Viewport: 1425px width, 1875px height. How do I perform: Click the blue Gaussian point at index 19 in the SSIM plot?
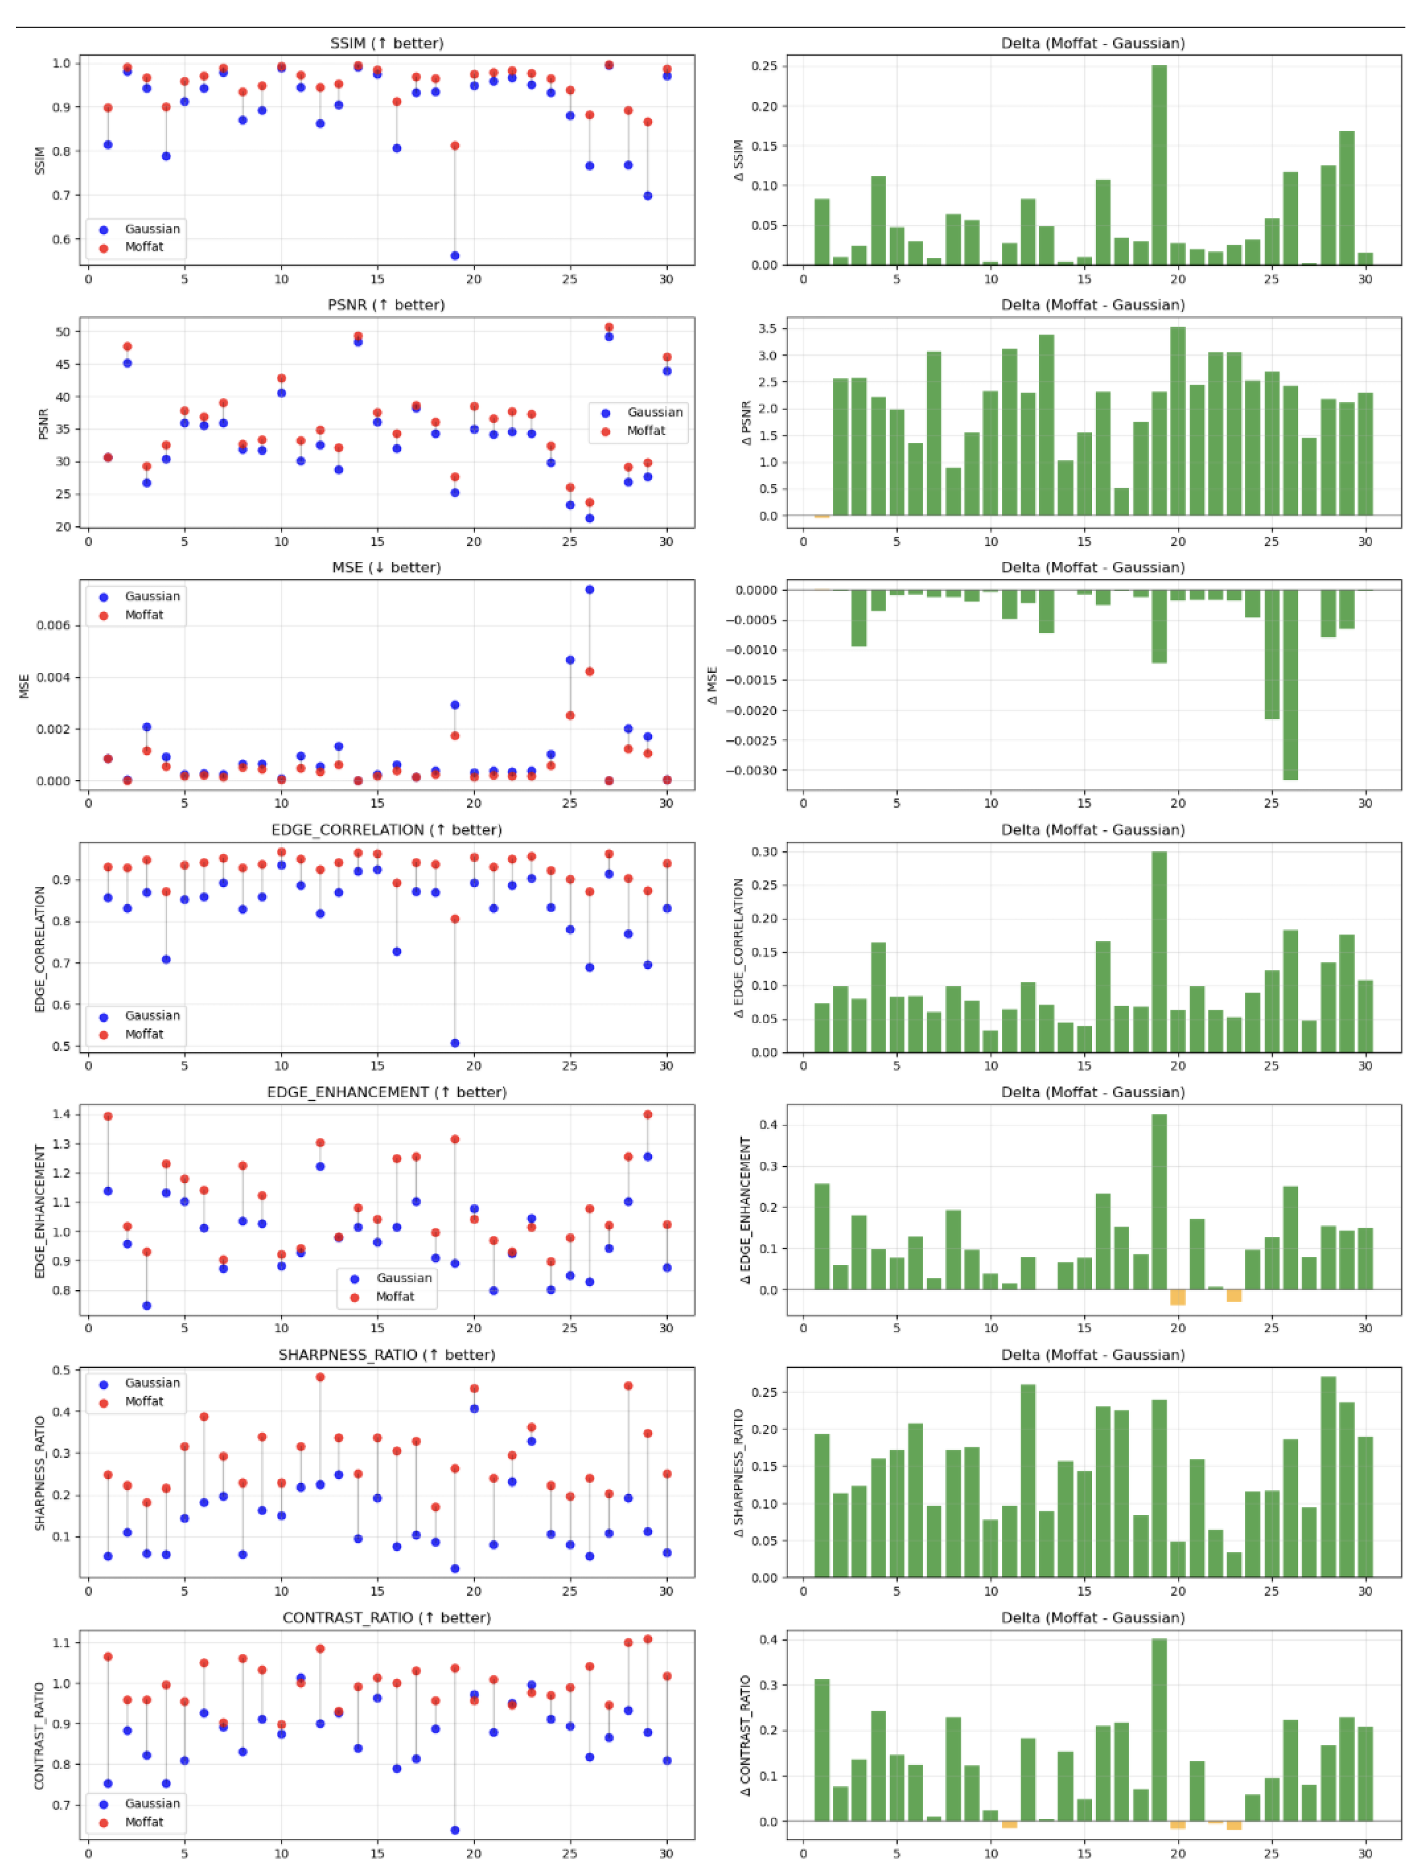pos(455,255)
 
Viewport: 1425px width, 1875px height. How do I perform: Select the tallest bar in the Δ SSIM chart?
pos(1159,165)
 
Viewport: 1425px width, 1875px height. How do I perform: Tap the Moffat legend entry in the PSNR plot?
pos(644,431)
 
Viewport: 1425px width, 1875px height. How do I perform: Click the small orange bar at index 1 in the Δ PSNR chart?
pos(821,517)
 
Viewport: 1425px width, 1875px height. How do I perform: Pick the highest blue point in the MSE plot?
pos(590,589)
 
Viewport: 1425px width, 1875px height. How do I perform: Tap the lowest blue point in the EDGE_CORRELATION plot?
pos(455,1043)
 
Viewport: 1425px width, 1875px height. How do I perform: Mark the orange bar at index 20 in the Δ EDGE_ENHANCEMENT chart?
pos(1177,1297)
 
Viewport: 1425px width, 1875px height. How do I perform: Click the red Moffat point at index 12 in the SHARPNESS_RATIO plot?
pos(320,1377)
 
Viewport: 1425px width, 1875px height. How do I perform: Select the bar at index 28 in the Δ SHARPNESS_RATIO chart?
pos(1328,1476)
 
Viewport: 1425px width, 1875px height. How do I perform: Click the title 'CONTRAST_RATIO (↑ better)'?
pos(386,1617)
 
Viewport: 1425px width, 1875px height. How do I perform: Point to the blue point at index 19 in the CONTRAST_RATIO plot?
pos(455,1830)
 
